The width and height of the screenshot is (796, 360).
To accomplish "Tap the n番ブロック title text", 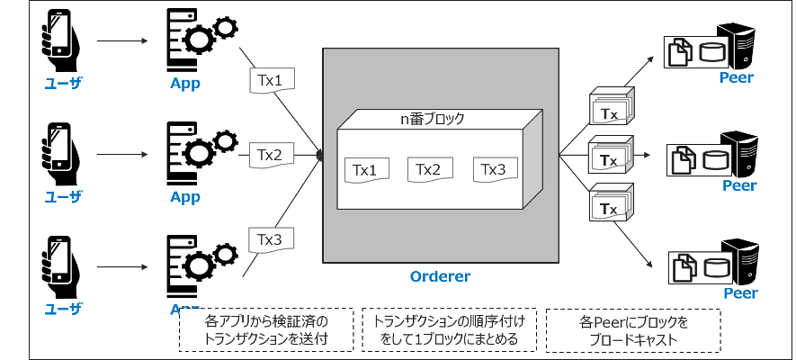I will coord(431,118).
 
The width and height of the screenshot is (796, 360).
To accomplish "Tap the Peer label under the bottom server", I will coord(739,293).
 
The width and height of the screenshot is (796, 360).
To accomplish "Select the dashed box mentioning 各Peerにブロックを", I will coord(633,330).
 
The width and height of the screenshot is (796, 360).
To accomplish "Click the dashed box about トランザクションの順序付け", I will coord(449,330).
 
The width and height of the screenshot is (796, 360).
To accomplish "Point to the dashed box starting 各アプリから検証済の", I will coord(267,330).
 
